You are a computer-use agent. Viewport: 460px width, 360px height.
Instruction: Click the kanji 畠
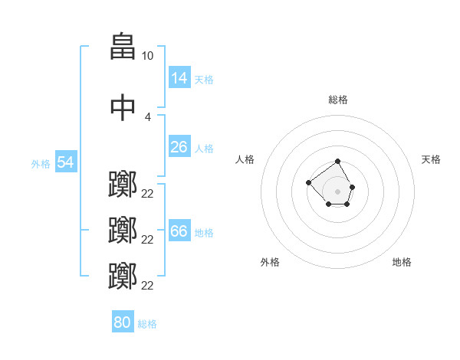[x=123, y=47]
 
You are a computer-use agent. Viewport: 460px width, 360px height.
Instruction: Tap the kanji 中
[x=123, y=107]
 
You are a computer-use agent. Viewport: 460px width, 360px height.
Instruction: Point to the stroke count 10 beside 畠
[x=147, y=56]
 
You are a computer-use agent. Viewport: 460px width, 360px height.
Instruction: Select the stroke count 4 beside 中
[x=147, y=116]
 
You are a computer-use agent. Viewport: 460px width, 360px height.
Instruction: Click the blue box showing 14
[x=179, y=78]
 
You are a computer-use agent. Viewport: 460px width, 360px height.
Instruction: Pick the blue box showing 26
[x=179, y=147]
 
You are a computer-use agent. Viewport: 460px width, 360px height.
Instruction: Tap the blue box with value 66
[x=179, y=231]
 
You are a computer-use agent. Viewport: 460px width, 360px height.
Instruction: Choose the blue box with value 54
[x=66, y=162]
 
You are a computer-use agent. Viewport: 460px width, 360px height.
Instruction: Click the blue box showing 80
[x=123, y=322]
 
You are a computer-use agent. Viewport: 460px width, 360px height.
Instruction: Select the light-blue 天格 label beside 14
[x=204, y=80]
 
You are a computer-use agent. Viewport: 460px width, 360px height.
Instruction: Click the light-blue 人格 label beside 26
[x=204, y=149]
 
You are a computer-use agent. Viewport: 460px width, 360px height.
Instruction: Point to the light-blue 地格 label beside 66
[x=204, y=233]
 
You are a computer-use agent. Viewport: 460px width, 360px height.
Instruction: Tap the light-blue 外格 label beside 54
[x=41, y=164]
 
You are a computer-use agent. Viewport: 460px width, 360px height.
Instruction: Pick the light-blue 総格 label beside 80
[x=147, y=324]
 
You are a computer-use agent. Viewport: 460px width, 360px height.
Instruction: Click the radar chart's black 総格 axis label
[x=338, y=100]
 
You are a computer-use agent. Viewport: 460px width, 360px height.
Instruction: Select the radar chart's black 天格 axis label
[x=432, y=159]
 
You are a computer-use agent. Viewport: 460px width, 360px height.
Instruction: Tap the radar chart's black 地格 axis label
[x=402, y=262]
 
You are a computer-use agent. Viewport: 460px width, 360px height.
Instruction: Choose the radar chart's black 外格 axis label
[x=270, y=262]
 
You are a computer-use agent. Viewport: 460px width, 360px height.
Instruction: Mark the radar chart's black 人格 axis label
[x=245, y=159]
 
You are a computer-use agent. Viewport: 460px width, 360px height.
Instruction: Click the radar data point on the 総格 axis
[x=338, y=162]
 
